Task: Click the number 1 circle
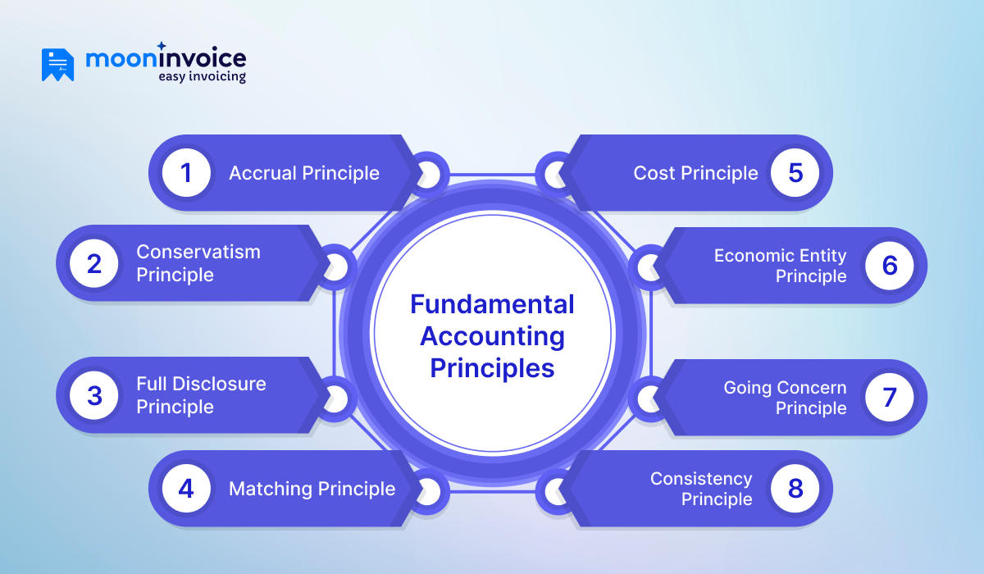tap(187, 173)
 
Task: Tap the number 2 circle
tap(94, 264)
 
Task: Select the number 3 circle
tap(94, 395)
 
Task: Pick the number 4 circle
tap(187, 489)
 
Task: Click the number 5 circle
tap(795, 173)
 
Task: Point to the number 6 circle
tap(889, 265)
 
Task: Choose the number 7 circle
tap(889, 397)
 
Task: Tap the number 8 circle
tap(795, 489)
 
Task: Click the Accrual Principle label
tap(303, 173)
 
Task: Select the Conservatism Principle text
tap(198, 263)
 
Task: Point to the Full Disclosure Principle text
tap(201, 395)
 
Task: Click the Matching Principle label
tap(312, 489)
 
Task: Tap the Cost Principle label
tap(695, 173)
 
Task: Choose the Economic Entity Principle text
tap(780, 266)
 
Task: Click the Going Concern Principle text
tap(784, 398)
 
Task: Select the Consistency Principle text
tap(701, 489)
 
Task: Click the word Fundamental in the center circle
tap(492, 304)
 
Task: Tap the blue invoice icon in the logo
tap(57, 65)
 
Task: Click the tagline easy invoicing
tap(202, 77)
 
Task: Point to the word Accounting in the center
tap(492, 336)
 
